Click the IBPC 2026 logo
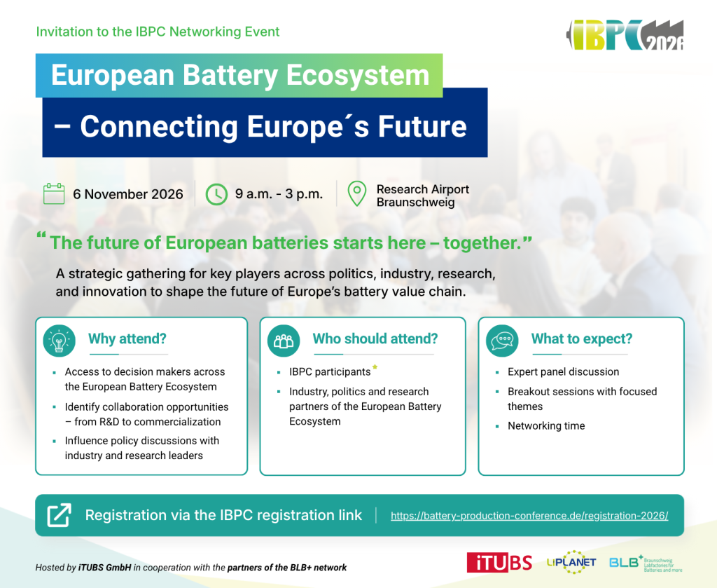coord(625,35)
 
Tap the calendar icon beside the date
coord(54,193)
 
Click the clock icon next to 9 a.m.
coord(216,194)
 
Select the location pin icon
coord(356,193)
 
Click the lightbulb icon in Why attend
coord(59,341)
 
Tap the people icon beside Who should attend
coord(284,341)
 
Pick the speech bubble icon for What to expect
coord(502,341)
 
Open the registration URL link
coord(529,516)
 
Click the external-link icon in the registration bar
coord(60,515)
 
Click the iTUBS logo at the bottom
coord(499,562)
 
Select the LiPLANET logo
coord(571,562)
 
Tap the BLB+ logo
coord(646,563)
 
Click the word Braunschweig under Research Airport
coord(416,203)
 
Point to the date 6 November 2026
coord(128,194)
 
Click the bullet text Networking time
coord(546,425)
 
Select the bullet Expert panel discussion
coord(564,371)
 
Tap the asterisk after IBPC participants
coord(375,367)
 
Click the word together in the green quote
coord(482,243)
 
